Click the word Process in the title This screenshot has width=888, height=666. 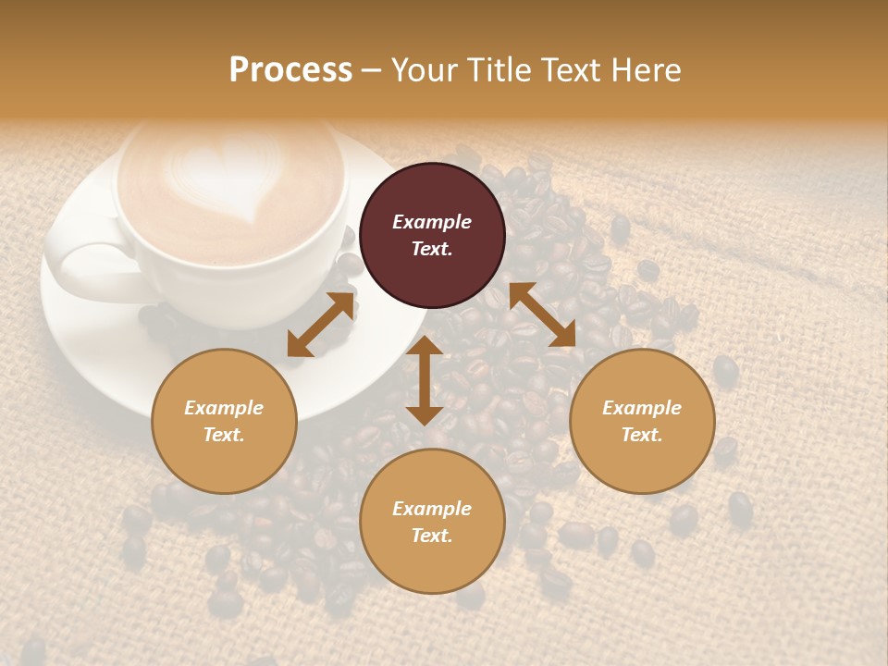click(290, 70)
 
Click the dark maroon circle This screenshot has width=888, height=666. click(432, 235)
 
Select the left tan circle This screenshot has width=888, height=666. click(224, 421)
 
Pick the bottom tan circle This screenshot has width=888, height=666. click(432, 522)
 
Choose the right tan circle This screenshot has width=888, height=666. click(642, 421)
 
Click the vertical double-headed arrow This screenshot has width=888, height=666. click(425, 380)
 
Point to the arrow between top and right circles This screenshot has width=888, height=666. click(543, 314)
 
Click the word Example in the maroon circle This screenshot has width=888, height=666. click(432, 222)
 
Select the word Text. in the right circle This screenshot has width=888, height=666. click(642, 435)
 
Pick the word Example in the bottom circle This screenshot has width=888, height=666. click(432, 509)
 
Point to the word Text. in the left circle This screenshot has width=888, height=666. click(224, 435)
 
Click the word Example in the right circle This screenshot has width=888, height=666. click(642, 408)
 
